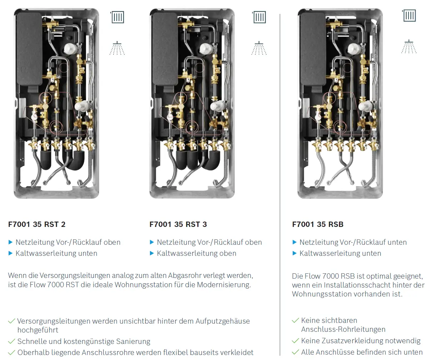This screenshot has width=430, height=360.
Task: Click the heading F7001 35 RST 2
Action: [x=37, y=224]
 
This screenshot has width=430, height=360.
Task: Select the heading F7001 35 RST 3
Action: [x=178, y=224]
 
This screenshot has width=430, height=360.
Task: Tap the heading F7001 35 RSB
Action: [x=318, y=224]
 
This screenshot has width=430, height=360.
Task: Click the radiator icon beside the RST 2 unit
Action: [x=118, y=17]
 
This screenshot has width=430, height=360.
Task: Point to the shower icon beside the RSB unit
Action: [x=409, y=46]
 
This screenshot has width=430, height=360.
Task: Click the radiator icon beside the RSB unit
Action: [x=409, y=15]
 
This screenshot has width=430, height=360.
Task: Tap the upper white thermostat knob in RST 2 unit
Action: [x=70, y=49]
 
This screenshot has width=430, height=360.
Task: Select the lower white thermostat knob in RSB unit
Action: [x=365, y=106]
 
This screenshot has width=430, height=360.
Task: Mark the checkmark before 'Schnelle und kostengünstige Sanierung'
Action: [x=11, y=341]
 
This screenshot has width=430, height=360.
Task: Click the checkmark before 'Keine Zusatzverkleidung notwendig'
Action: [x=295, y=341]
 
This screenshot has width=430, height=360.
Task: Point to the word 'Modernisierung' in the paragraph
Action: [x=224, y=285]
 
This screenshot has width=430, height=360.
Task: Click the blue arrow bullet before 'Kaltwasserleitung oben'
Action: [x=152, y=253]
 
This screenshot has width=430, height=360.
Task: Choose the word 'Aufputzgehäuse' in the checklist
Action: [x=223, y=321]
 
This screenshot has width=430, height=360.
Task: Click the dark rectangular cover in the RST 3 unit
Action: [x=165, y=49]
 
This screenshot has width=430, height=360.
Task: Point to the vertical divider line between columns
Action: [x=280, y=185]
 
